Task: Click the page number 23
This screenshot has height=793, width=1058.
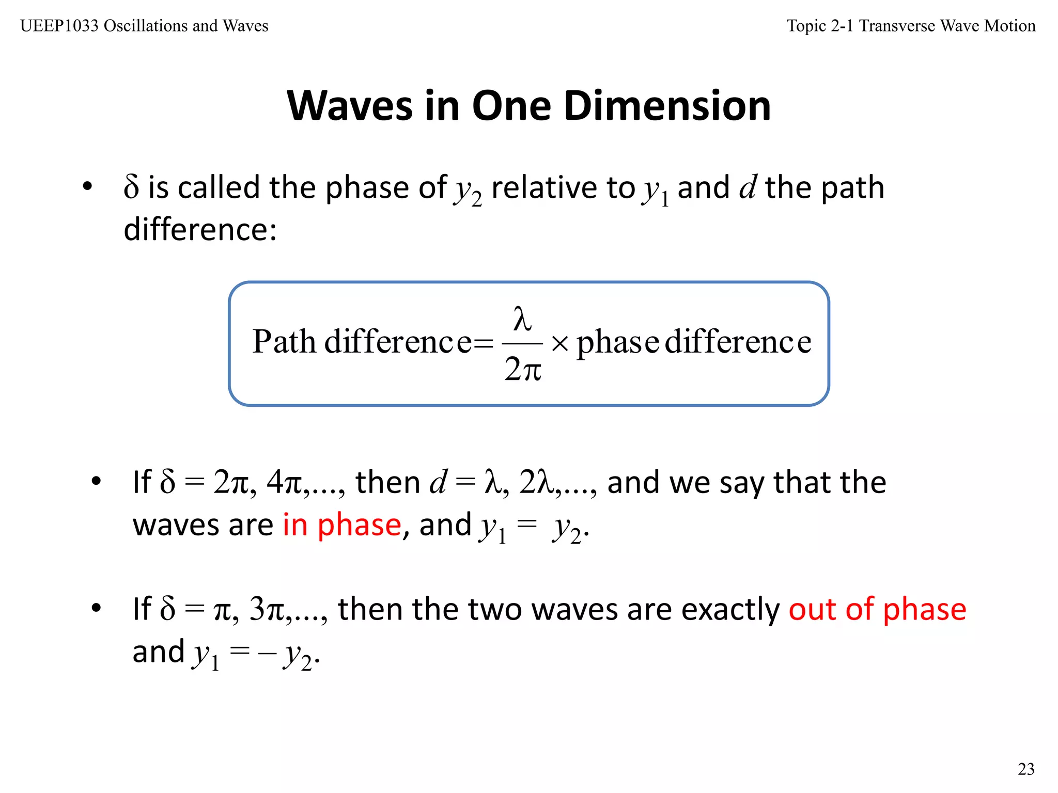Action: pyautogui.click(x=1026, y=769)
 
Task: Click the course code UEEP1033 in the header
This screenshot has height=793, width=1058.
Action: pyautogui.click(x=59, y=26)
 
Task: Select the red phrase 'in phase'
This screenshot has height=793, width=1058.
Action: pyautogui.click(x=342, y=525)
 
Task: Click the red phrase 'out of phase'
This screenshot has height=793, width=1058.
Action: pyautogui.click(x=877, y=610)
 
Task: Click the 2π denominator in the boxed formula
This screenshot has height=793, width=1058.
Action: pyautogui.click(x=523, y=370)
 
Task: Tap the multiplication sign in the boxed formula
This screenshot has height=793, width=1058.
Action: pyautogui.click(x=559, y=343)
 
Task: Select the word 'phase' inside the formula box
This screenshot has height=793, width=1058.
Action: pyautogui.click(x=618, y=343)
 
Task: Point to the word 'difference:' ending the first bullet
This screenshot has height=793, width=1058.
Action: pyautogui.click(x=200, y=229)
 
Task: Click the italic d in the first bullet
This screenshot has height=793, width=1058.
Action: pyautogui.click(x=748, y=187)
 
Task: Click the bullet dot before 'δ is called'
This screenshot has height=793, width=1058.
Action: pyautogui.click(x=87, y=186)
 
